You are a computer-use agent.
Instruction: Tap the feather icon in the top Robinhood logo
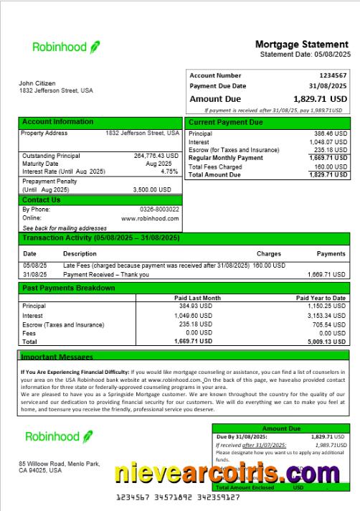click(x=95, y=47)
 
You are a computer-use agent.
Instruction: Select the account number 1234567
click(x=333, y=75)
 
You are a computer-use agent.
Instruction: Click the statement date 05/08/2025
click(x=331, y=55)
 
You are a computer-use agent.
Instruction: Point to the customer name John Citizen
click(x=37, y=83)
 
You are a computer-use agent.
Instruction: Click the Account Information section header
click(x=57, y=122)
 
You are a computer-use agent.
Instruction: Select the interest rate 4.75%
click(x=169, y=172)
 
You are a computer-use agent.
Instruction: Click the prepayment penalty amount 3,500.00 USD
click(x=152, y=189)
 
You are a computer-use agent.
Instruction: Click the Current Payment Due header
click(x=225, y=123)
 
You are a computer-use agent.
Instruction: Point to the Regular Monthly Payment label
click(x=225, y=158)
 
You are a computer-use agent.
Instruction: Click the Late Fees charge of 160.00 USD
click(x=270, y=266)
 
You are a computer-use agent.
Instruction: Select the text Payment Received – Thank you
click(x=106, y=274)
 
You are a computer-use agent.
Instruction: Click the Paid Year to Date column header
click(x=321, y=297)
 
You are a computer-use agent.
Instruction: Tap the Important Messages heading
click(x=57, y=357)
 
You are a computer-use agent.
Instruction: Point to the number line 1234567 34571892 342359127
click(x=178, y=497)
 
